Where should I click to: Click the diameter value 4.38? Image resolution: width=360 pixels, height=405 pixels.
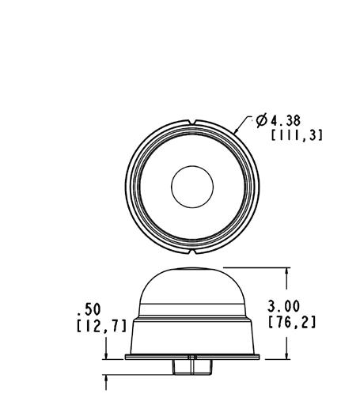pyautogui.click(x=286, y=121)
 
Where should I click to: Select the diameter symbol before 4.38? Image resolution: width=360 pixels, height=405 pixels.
pyautogui.click(x=261, y=120)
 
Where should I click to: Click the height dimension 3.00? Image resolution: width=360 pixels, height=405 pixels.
pyautogui.click(x=283, y=306)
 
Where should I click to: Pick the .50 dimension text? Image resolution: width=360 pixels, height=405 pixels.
pyautogui.click(x=89, y=309)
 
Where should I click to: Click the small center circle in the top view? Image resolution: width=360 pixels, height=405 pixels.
pyautogui.click(x=192, y=187)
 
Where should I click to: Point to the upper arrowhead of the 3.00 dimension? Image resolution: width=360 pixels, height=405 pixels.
pyautogui.click(x=287, y=272)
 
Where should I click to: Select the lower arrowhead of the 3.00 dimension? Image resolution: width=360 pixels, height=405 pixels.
pyautogui.click(x=287, y=354)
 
